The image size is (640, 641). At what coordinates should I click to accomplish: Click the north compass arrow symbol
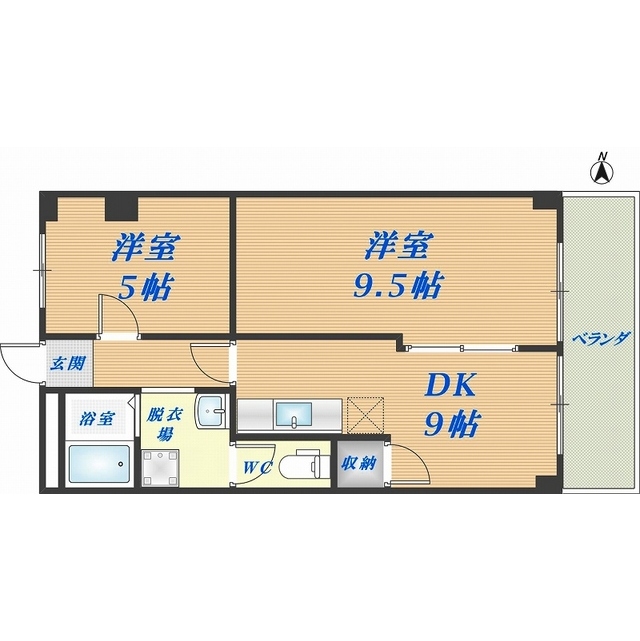click(x=602, y=171)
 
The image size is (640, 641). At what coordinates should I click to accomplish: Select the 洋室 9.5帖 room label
click(x=397, y=264)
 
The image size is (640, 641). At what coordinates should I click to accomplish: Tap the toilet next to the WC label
click(x=301, y=463)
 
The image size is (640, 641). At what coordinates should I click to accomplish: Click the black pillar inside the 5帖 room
click(x=121, y=207)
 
